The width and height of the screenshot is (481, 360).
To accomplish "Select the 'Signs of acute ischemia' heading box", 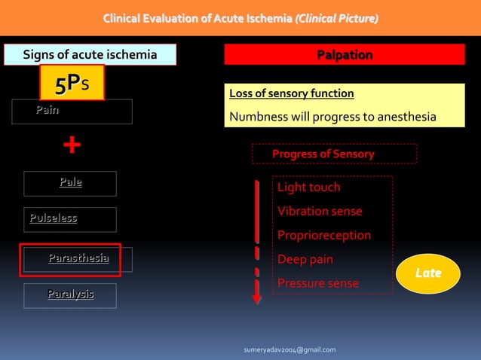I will [90, 54].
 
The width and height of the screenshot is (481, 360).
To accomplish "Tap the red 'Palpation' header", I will [344, 55].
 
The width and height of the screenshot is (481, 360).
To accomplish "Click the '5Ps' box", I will [72, 82].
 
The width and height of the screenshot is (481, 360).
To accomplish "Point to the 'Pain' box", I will [72, 111].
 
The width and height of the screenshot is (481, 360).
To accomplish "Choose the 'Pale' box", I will [70, 182].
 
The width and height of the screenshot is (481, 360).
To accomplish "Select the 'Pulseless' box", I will [69, 219].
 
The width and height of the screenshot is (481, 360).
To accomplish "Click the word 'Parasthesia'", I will [78, 258].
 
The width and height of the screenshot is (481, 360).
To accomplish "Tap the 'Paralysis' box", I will [70, 294].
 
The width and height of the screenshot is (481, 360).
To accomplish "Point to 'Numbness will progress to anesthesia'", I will [332, 117].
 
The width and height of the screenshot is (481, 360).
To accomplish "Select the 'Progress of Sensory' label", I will [323, 154].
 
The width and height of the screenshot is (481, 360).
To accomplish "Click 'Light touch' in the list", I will [309, 187].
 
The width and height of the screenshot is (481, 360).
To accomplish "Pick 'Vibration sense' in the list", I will [320, 211].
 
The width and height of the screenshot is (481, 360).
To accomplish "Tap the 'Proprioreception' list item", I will [324, 235].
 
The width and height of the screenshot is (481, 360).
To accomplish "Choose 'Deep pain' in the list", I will [305, 259].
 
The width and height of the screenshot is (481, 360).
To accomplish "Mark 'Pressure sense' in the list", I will [318, 283].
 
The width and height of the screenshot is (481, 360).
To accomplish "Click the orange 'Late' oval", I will [427, 273].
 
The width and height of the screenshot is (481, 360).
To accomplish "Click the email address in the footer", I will [290, 349].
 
